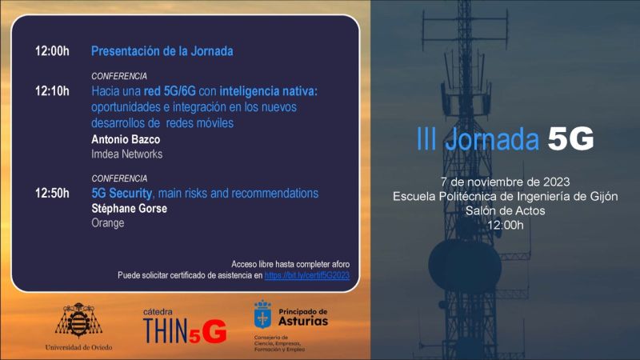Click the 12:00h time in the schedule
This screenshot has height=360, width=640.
(52, 51)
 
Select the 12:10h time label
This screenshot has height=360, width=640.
(52, 91)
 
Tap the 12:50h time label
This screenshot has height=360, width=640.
(52, 194)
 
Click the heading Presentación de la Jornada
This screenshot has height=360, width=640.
(162, 51)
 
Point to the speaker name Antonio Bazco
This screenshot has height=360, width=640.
(126, 139)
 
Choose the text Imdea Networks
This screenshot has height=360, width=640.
(126, 154)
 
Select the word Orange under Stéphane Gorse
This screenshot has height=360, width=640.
(108, 223)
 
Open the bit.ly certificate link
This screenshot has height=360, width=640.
(307, 275)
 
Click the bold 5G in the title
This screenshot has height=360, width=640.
(570, 139)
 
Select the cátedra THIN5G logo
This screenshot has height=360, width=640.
(184, 326)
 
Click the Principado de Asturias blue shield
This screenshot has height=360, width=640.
(262, 314)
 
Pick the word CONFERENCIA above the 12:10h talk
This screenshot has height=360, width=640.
(118, 76)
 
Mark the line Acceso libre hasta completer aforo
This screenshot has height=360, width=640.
(290, 263)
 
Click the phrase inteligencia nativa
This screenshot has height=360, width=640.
(268, 91)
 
